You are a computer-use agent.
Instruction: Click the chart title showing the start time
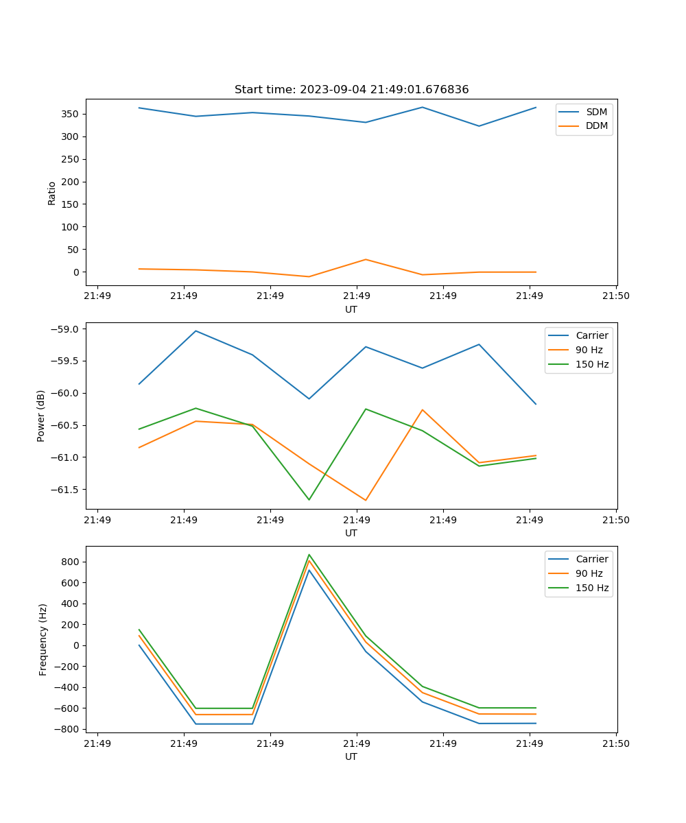pos(351,90)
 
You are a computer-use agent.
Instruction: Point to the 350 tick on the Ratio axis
pos(72,114)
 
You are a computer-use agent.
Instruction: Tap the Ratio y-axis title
pos(52,193)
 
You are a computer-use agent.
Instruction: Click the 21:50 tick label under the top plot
pos(615,296)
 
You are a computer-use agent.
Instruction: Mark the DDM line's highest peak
pos(366,259)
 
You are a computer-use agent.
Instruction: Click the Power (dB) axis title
pos(41,416)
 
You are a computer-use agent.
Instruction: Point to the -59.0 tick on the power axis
pos(67,329)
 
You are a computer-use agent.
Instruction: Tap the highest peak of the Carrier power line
pos(196,331)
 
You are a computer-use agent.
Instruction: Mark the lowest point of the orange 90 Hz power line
pos(366,500)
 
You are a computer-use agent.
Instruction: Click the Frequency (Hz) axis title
pos(43,639)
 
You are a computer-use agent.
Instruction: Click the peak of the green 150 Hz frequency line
pos(309,555)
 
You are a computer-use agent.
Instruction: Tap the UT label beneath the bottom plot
pos(351,757)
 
